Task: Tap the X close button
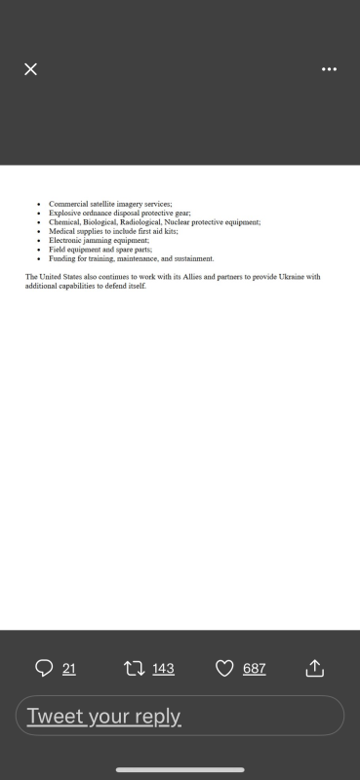click(30, 69)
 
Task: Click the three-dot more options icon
click(329, 69)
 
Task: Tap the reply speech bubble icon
click(44, 668)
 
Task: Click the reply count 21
click(68, 668)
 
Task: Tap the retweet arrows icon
click(134, 668)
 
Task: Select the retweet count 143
click(163, 668)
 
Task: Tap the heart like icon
click(224, 668)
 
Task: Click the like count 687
click(254, 668)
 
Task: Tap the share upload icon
click(314, 668)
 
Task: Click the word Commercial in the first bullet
click(66, 204)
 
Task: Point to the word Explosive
click(64, 213)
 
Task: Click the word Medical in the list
click(61, 231)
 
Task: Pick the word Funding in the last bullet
click(62, 259)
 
